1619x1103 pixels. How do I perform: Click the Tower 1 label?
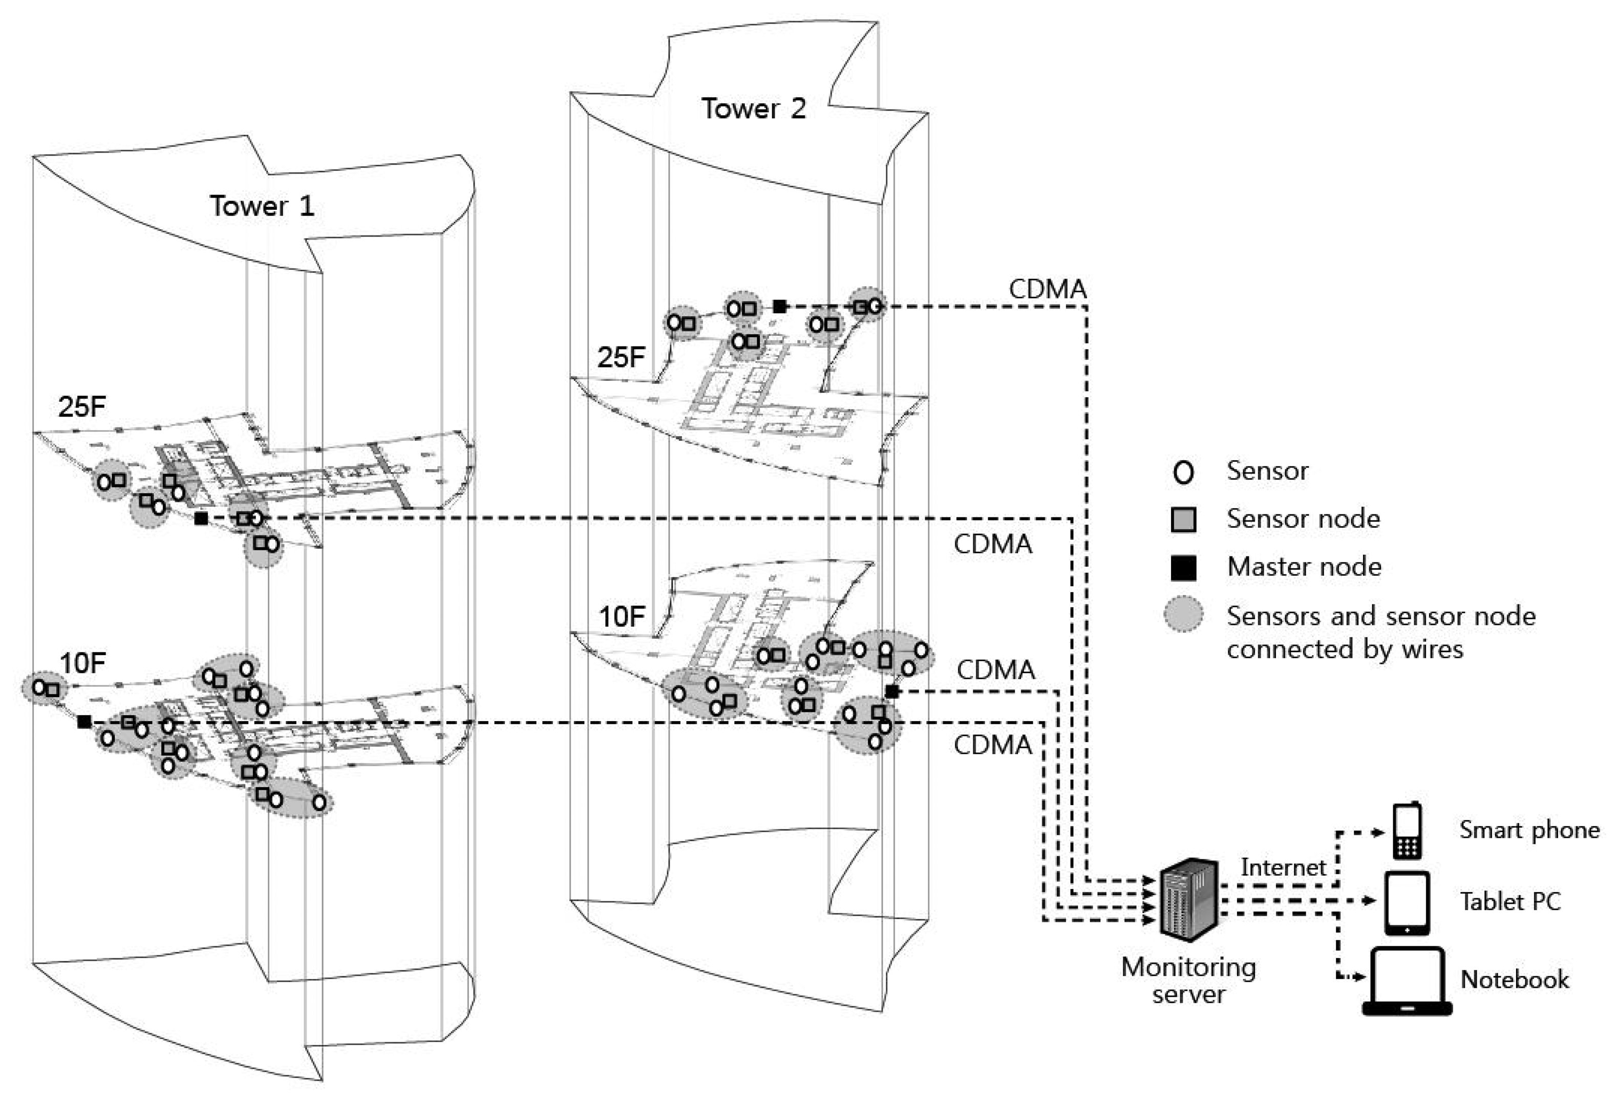[x=262, y=206]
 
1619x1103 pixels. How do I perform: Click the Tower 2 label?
[x=754, y=109]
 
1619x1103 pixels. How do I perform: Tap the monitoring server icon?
[x=1188, y=899]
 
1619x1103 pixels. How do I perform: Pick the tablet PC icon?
[x=1407, y=902]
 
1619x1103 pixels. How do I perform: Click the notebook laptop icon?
[x=1407, y=981]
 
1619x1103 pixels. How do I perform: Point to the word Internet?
[x=1283, y=867]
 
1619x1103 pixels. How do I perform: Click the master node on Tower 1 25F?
[x=201, y=518]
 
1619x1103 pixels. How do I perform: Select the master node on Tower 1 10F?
[x=84, y=722]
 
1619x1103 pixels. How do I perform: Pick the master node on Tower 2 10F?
[x=892, y=691]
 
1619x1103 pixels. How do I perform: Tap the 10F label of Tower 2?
[x=622, y=617]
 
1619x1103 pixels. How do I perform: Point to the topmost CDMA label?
[x=1048, y=289]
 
